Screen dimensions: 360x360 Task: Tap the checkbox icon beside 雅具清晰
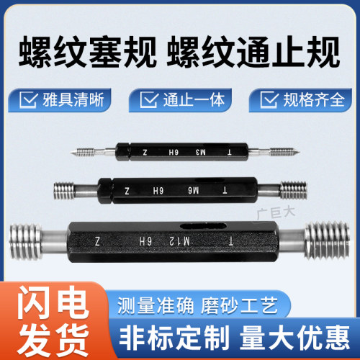(29, 99)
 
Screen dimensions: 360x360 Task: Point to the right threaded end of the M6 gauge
(292, 191)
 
